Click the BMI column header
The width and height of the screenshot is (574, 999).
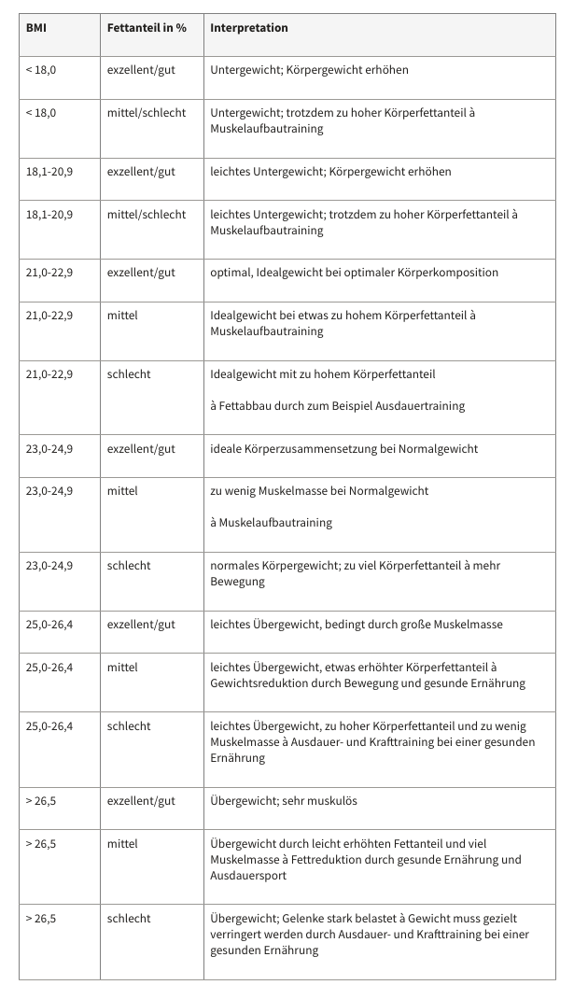tap(36, 28)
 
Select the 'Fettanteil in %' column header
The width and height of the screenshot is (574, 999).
tap(147, 28)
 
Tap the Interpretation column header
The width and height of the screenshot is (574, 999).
tap(249, 28)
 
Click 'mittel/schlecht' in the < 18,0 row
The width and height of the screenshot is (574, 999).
tap(147, 113)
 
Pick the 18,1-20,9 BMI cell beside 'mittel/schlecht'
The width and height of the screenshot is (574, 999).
tap(49, 215)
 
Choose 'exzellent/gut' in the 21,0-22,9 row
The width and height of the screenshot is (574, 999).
tap(141, 273)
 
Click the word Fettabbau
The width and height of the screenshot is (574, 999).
tap(246, 406)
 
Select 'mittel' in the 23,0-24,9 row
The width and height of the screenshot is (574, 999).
tap(122, 491)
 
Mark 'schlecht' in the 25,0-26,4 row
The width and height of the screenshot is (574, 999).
tap(129, 726)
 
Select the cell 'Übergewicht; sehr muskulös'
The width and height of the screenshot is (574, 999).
tap(284, 801)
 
